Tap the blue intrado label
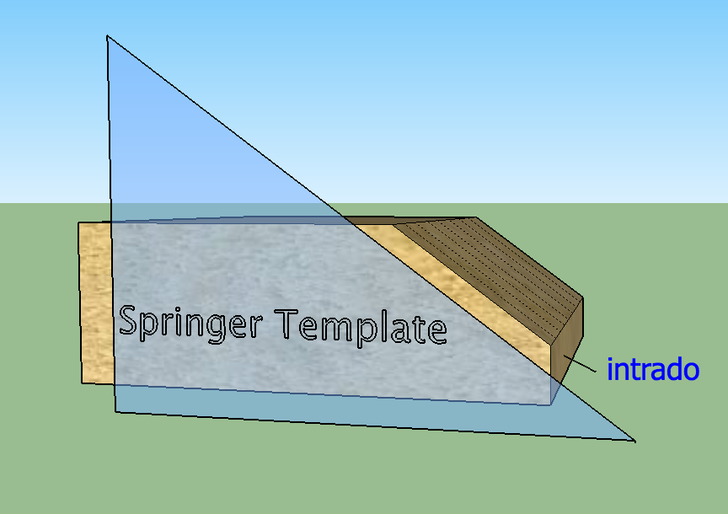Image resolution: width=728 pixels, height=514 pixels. tap(653, 369)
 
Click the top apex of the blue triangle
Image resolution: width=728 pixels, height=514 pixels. tap(107, 36)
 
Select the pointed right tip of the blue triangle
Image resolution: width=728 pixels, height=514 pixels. tap(634, 440)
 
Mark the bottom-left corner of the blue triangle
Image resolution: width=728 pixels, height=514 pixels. tap(115, 412)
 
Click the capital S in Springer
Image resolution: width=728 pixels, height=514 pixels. tap(129, 320)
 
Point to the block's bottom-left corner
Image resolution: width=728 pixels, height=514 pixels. tap(82, 383)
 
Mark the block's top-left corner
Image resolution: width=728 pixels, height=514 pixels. tap(79, 223)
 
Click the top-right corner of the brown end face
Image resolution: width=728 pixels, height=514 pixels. tap(583, 298)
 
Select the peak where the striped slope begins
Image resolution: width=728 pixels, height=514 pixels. tap(476, 217)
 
